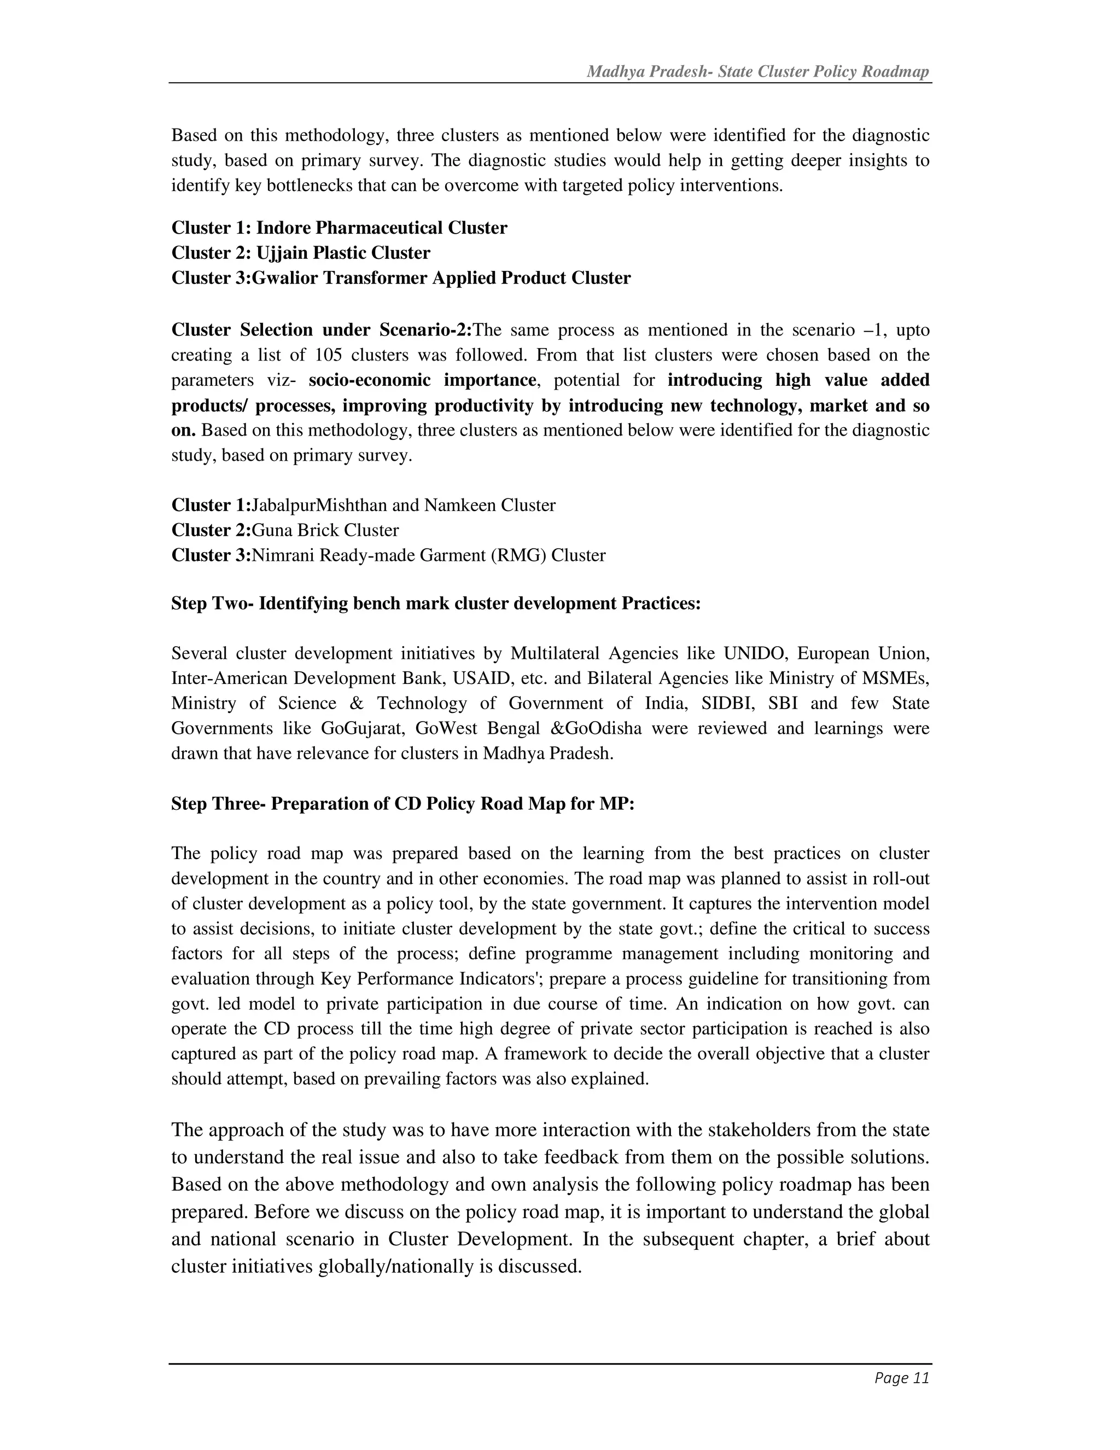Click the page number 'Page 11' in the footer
tap(902, 1378)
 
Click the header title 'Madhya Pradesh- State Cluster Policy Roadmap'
tap(758, 72)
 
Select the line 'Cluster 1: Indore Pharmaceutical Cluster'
tap(339, 228)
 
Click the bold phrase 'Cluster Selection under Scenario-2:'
tap(321, 330)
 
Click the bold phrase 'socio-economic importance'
tap(422, 380)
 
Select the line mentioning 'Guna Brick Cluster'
tap(285, 530)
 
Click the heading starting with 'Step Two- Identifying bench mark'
tap(436, 604)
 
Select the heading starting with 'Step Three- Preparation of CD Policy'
tap(402, 804)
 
